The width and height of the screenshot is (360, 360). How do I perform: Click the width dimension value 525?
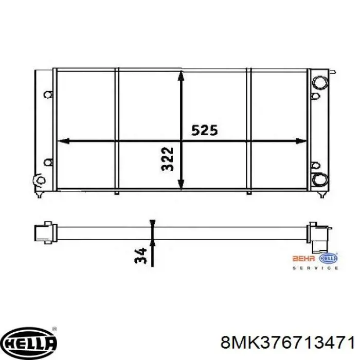204,130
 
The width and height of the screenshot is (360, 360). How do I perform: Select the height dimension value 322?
167,159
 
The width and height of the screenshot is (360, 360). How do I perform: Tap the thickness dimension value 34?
140,255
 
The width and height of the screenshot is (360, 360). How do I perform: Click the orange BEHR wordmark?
303,259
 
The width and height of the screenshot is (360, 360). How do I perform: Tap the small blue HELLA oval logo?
329,258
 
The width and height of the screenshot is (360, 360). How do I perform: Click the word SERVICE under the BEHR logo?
315,268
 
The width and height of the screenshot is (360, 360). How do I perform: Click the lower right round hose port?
320,179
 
